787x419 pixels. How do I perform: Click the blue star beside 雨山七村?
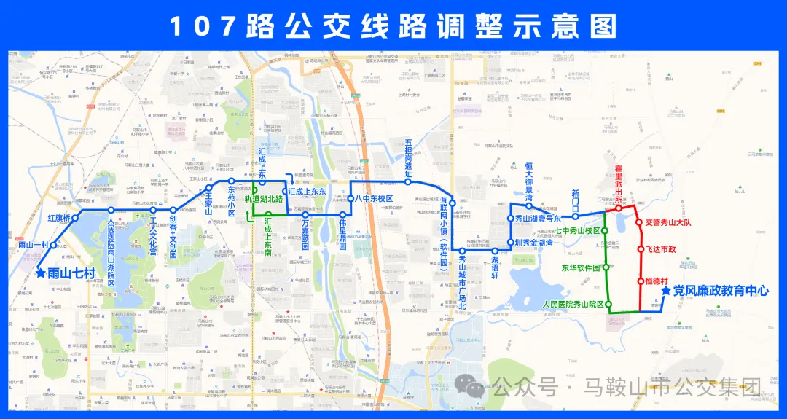point(40,273)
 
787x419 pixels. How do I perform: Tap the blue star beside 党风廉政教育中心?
point(665,290)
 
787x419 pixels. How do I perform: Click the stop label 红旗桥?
point(58,218)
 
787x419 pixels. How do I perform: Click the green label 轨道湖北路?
point(263,198)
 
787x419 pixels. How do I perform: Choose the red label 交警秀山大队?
point(669,222)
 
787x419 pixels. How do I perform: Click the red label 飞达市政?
point(661,249)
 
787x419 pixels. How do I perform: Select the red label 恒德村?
point(657,280)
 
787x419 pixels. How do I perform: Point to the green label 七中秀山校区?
point(578,230)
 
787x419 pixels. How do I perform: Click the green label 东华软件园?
point(581,267)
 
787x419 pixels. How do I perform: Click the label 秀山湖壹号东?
point(538,219)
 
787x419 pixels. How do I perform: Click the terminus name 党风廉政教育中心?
point(721,290)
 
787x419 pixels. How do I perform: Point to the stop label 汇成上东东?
point(307,192)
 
